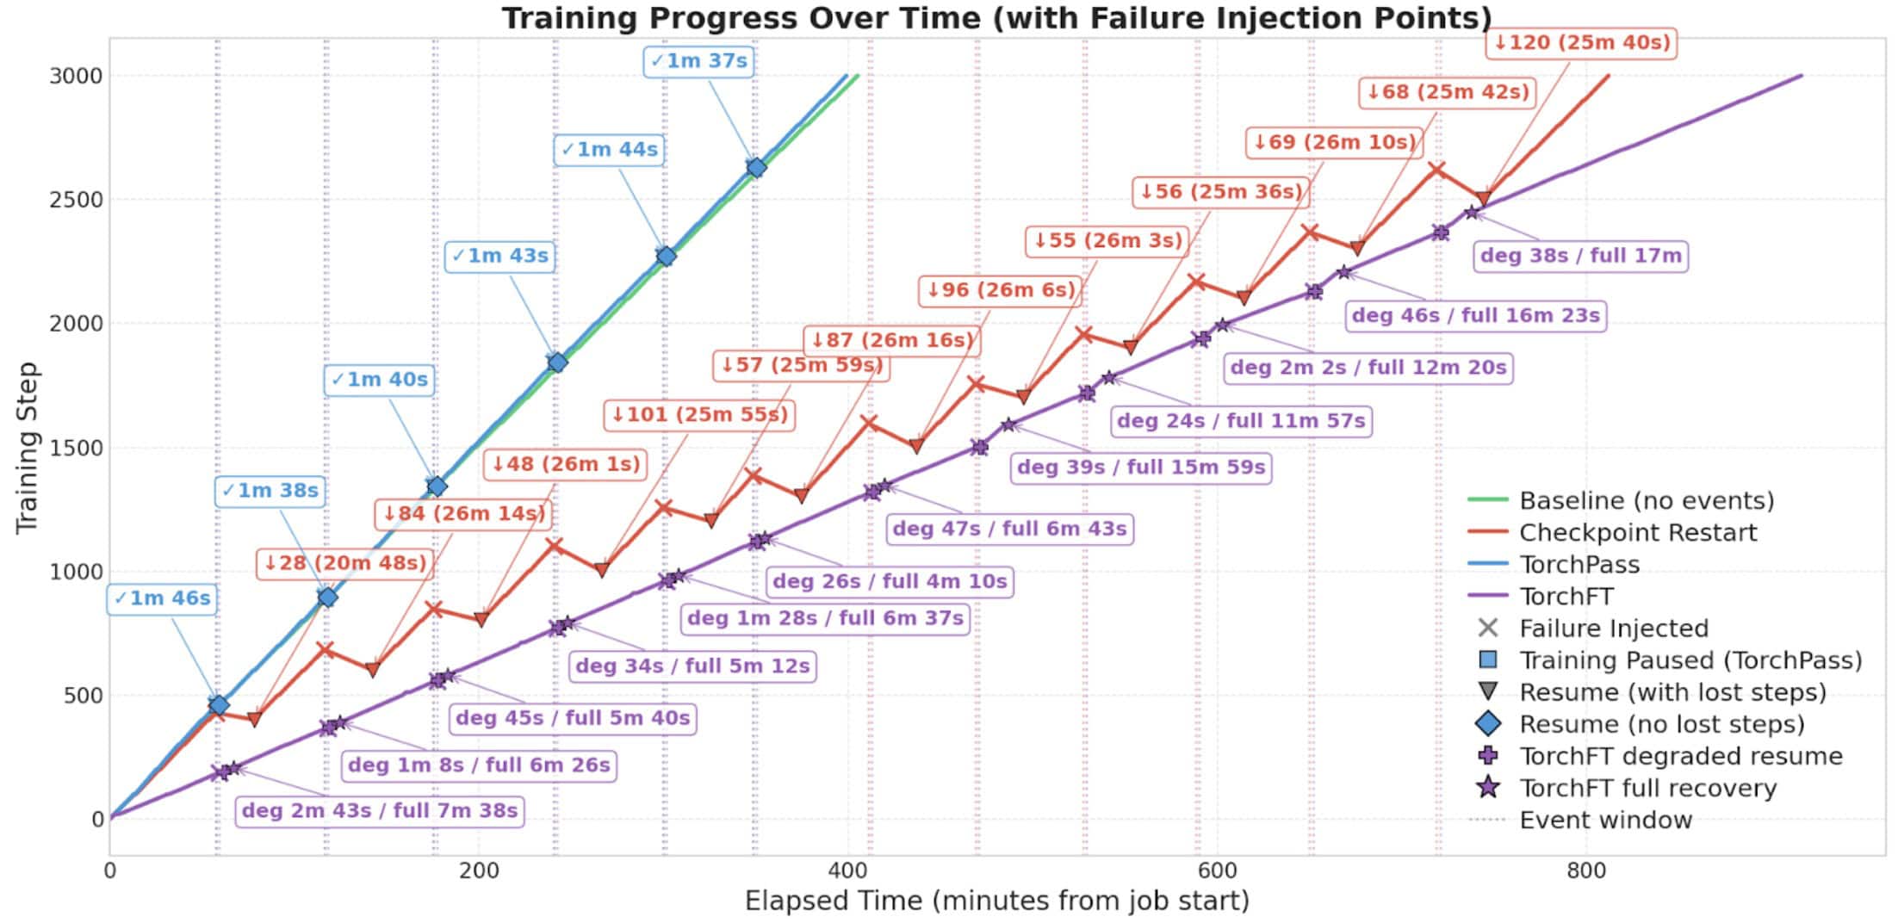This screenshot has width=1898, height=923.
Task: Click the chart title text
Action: coord(996,17)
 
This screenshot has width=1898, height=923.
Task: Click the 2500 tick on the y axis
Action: coord(75,200)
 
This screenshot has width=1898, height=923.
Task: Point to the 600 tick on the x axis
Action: coord(1217,871)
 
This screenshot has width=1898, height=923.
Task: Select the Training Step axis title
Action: coord(28,448)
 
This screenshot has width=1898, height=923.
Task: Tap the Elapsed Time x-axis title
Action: coord(996,901)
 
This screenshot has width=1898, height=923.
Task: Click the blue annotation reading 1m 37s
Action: coord(698,61)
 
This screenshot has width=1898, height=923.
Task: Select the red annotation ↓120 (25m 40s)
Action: coord(1581,42)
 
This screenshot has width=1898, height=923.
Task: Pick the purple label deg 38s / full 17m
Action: coord(1580,256)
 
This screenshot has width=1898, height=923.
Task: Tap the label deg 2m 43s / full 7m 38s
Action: coord(379,811)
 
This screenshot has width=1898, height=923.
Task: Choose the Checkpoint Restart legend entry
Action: coord(1637,533)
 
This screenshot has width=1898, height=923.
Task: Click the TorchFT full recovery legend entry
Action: coord(1647,789)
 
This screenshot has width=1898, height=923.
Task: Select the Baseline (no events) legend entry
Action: coord(1646,501)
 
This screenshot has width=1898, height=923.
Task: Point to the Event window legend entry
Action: coord(1605,821)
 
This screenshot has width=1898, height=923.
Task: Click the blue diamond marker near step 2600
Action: coord(756,168)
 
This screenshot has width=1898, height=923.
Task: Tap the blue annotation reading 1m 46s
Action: coord(162,598)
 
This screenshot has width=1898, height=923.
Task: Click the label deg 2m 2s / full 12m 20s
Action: coord(1368,368)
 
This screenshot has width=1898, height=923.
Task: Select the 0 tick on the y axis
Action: coord(97,820)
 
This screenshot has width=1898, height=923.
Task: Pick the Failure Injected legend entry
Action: coord(1613,629)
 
